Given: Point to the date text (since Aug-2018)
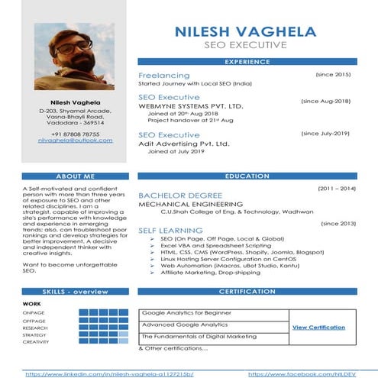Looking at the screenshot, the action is (325, 101).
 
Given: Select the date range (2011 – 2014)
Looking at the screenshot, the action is (337, 188).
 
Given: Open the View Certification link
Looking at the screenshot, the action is (318, 327).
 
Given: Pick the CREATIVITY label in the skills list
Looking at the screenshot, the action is (35, 342).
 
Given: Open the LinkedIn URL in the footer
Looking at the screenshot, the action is (109, 374).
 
